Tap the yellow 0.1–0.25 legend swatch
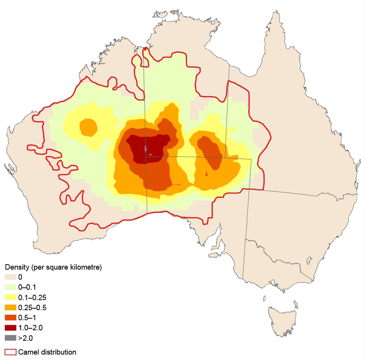(x=10, y=297)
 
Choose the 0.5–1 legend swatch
(x=10, y=318)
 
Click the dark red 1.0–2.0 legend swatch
(x=10, y=328)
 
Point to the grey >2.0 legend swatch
(x=10, y=338)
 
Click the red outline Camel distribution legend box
(x=10, y=352)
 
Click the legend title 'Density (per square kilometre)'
(x=53, y=267)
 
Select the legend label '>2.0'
(x=25, y=338)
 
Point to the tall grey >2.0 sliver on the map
(x=146, y=148)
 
